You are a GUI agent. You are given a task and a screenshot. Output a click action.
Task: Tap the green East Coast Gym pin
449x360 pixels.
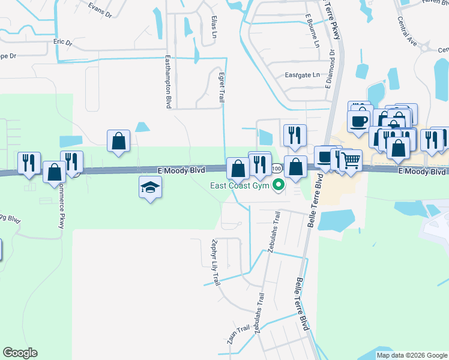(278, 185)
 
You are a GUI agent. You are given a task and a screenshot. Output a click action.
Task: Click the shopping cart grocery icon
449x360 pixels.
(351, 160)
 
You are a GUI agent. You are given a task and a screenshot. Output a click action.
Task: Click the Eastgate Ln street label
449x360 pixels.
(303, 75)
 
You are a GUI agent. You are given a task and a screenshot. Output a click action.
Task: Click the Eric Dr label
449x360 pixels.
(62, 43)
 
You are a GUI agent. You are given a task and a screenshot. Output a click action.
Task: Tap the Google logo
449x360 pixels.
(20, 353)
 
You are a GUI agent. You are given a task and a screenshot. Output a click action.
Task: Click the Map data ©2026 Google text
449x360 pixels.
(412, 355)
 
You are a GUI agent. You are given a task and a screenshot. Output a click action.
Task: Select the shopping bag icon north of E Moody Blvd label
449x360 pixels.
(119, 142)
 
